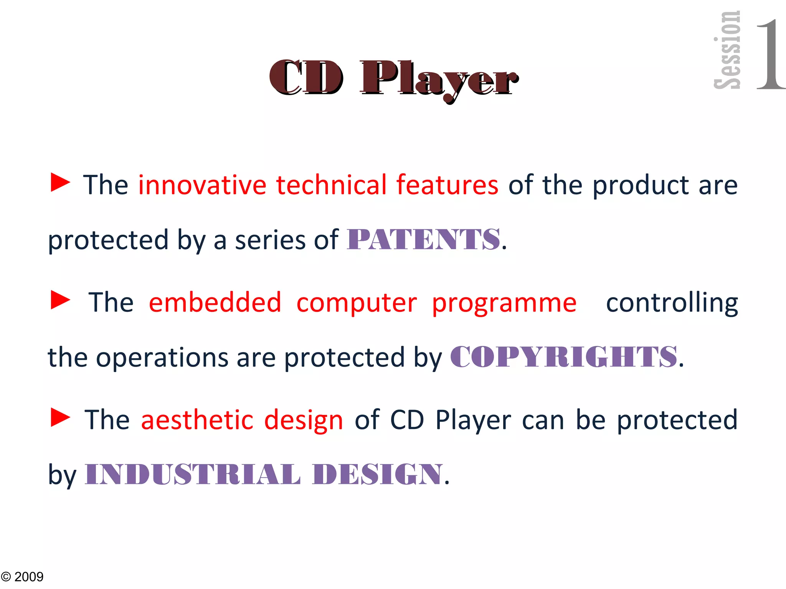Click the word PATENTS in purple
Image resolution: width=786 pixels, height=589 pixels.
(x=423, y=240)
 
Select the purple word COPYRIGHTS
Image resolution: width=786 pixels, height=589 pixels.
(x=563, y=357)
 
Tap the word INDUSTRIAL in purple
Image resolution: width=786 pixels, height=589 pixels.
(x=192, y=474)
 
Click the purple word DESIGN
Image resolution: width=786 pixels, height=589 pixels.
(x=378, y=474)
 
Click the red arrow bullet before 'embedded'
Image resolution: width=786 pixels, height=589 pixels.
(x=61, y=300)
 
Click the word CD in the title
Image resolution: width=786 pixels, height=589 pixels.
(x=306, y=78)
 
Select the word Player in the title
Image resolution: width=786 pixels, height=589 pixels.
(x=439, y=80)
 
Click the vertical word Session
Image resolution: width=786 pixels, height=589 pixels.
(x=728, y=50)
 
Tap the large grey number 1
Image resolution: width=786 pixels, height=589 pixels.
(x=769, y=54)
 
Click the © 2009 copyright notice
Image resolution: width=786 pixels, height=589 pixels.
(x=22, y=577)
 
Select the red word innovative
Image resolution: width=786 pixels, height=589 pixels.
(x=202, y=185)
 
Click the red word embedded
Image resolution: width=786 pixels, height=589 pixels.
(x=215, y=303)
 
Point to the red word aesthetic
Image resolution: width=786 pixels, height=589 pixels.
(x=197, y=420)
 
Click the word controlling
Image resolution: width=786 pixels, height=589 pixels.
(x=672, y=303)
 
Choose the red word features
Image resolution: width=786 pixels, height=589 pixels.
(x=447, y=185)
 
